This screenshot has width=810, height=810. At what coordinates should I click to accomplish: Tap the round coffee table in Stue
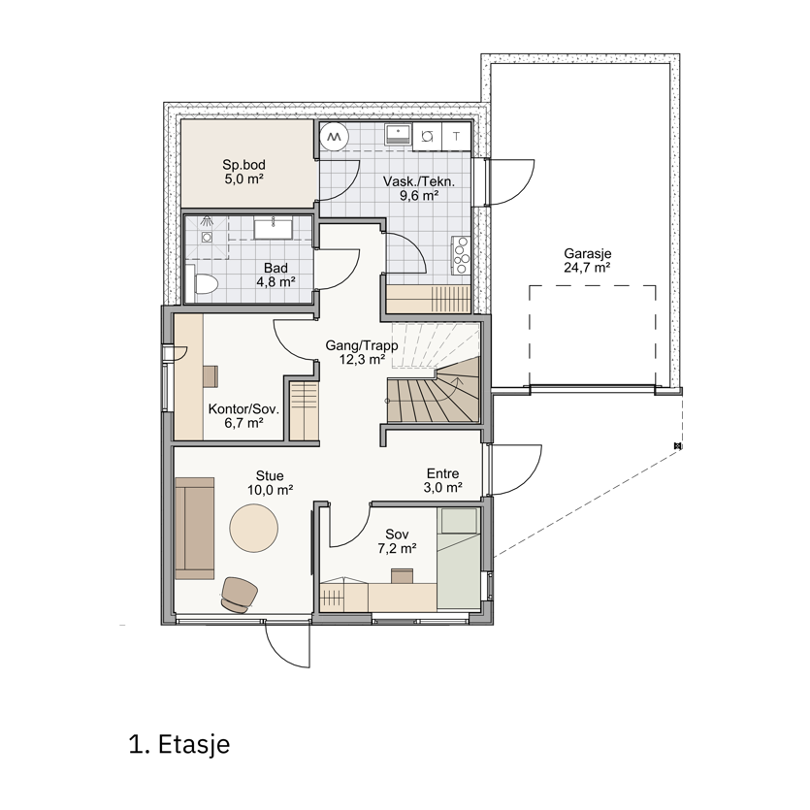click(x=253, y=528)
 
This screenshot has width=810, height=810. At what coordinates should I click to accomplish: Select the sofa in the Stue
click(x=194, y=528)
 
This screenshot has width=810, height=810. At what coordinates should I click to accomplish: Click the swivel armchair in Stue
click(x=240, y=595)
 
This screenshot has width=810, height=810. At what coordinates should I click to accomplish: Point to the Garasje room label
click(x=587, y=253)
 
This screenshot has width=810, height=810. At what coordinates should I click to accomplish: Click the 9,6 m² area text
click(x=419, y=195)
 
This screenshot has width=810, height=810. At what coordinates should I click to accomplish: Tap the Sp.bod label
click(x=243, y=165)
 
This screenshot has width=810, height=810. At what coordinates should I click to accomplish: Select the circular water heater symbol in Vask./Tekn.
click(x=334, y=136)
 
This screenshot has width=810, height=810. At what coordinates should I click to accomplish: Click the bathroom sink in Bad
click(x=273, y=228)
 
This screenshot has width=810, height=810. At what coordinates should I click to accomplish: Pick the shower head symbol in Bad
click(x=207, y=220)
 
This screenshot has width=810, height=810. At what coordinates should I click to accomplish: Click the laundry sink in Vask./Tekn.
click(x=398, y=134)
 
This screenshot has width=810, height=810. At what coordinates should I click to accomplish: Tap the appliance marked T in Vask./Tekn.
click(x=456, y=137)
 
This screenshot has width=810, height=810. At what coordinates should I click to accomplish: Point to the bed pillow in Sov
click(x=458, y=521)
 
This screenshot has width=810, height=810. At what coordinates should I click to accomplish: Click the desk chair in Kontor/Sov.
click(x=211, y=376)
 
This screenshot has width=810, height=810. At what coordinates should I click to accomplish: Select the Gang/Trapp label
click(x=362, y=345)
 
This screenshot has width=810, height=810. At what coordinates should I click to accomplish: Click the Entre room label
click(x=442, y=473)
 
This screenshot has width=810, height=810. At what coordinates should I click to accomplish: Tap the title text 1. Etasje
click(x=179, y=744)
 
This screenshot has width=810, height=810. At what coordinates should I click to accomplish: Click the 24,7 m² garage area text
click(x=587, y=268)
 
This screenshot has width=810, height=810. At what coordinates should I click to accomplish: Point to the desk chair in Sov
click(x=402, y=576)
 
